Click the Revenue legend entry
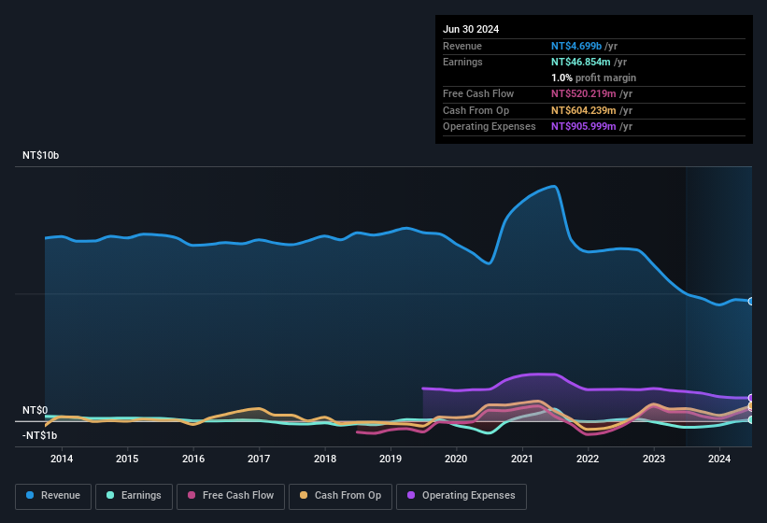tap(52, 495)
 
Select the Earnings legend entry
tap(135, 495)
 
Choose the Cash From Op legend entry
tap(340, 495)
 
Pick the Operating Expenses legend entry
tap(461, 495)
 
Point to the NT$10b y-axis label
tap(40, 156)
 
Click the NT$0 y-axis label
tap(35, 410)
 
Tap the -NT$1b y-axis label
tap(39, 435)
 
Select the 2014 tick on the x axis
tap(62, 459)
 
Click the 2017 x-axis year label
tap(259, 459)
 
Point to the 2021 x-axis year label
tap(522, 459)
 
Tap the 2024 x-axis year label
tap(719, 459)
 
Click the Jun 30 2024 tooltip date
tap(471, 29)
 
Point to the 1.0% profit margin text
tap(593, 78)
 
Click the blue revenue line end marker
tap(751, 301)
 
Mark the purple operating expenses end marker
tap(751, 398)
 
